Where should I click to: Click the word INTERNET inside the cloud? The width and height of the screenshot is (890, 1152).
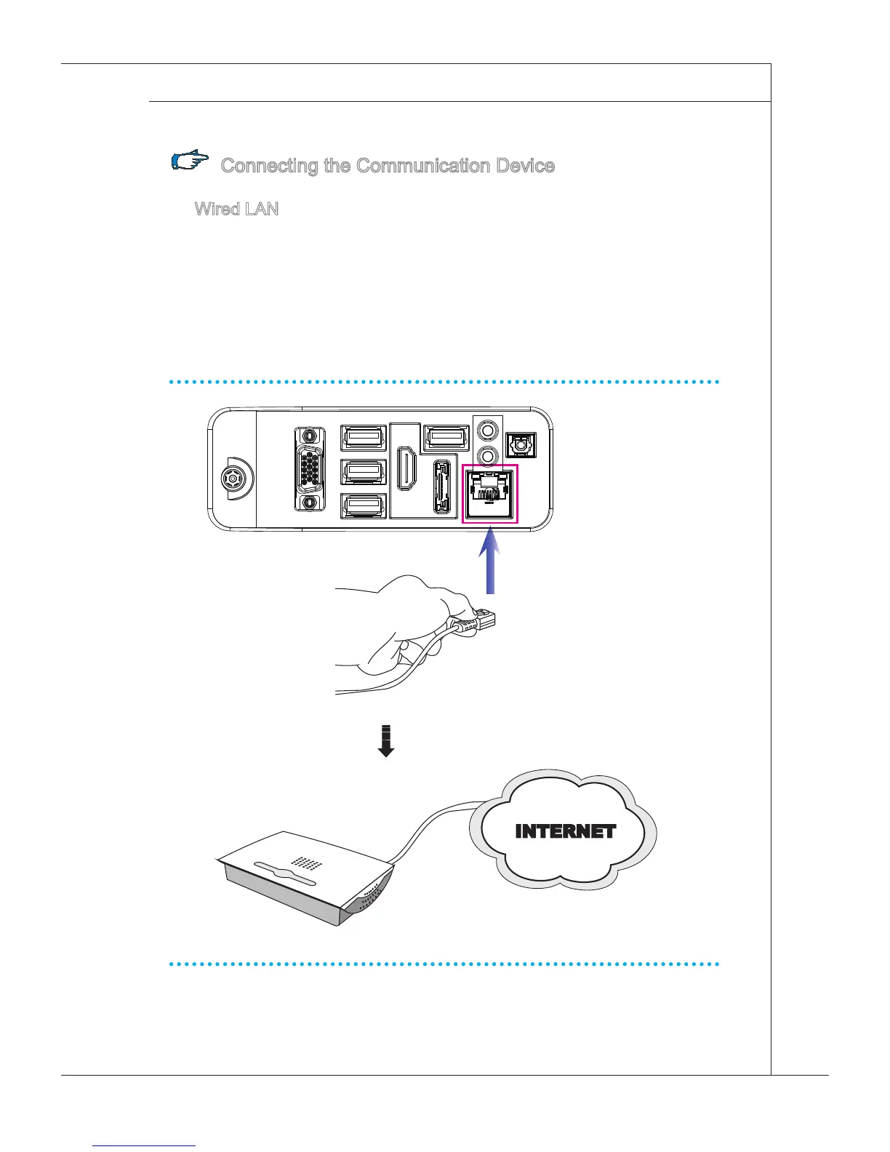pyautogui.click(x=565, y=831)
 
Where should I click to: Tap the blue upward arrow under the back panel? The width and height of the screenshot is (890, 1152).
pyautogui.click(x=491, y=561)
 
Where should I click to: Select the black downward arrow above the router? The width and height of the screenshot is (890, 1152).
pyautogui.click(x=385, y=741)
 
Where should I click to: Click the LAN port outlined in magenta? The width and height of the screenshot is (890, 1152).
pyautogui.click(x=490, y=494)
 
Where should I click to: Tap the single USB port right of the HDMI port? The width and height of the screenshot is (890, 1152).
pyautogui.click(x=444, y=437)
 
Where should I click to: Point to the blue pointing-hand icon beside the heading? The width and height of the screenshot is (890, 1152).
pyautogui.click(x=191, y=161)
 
